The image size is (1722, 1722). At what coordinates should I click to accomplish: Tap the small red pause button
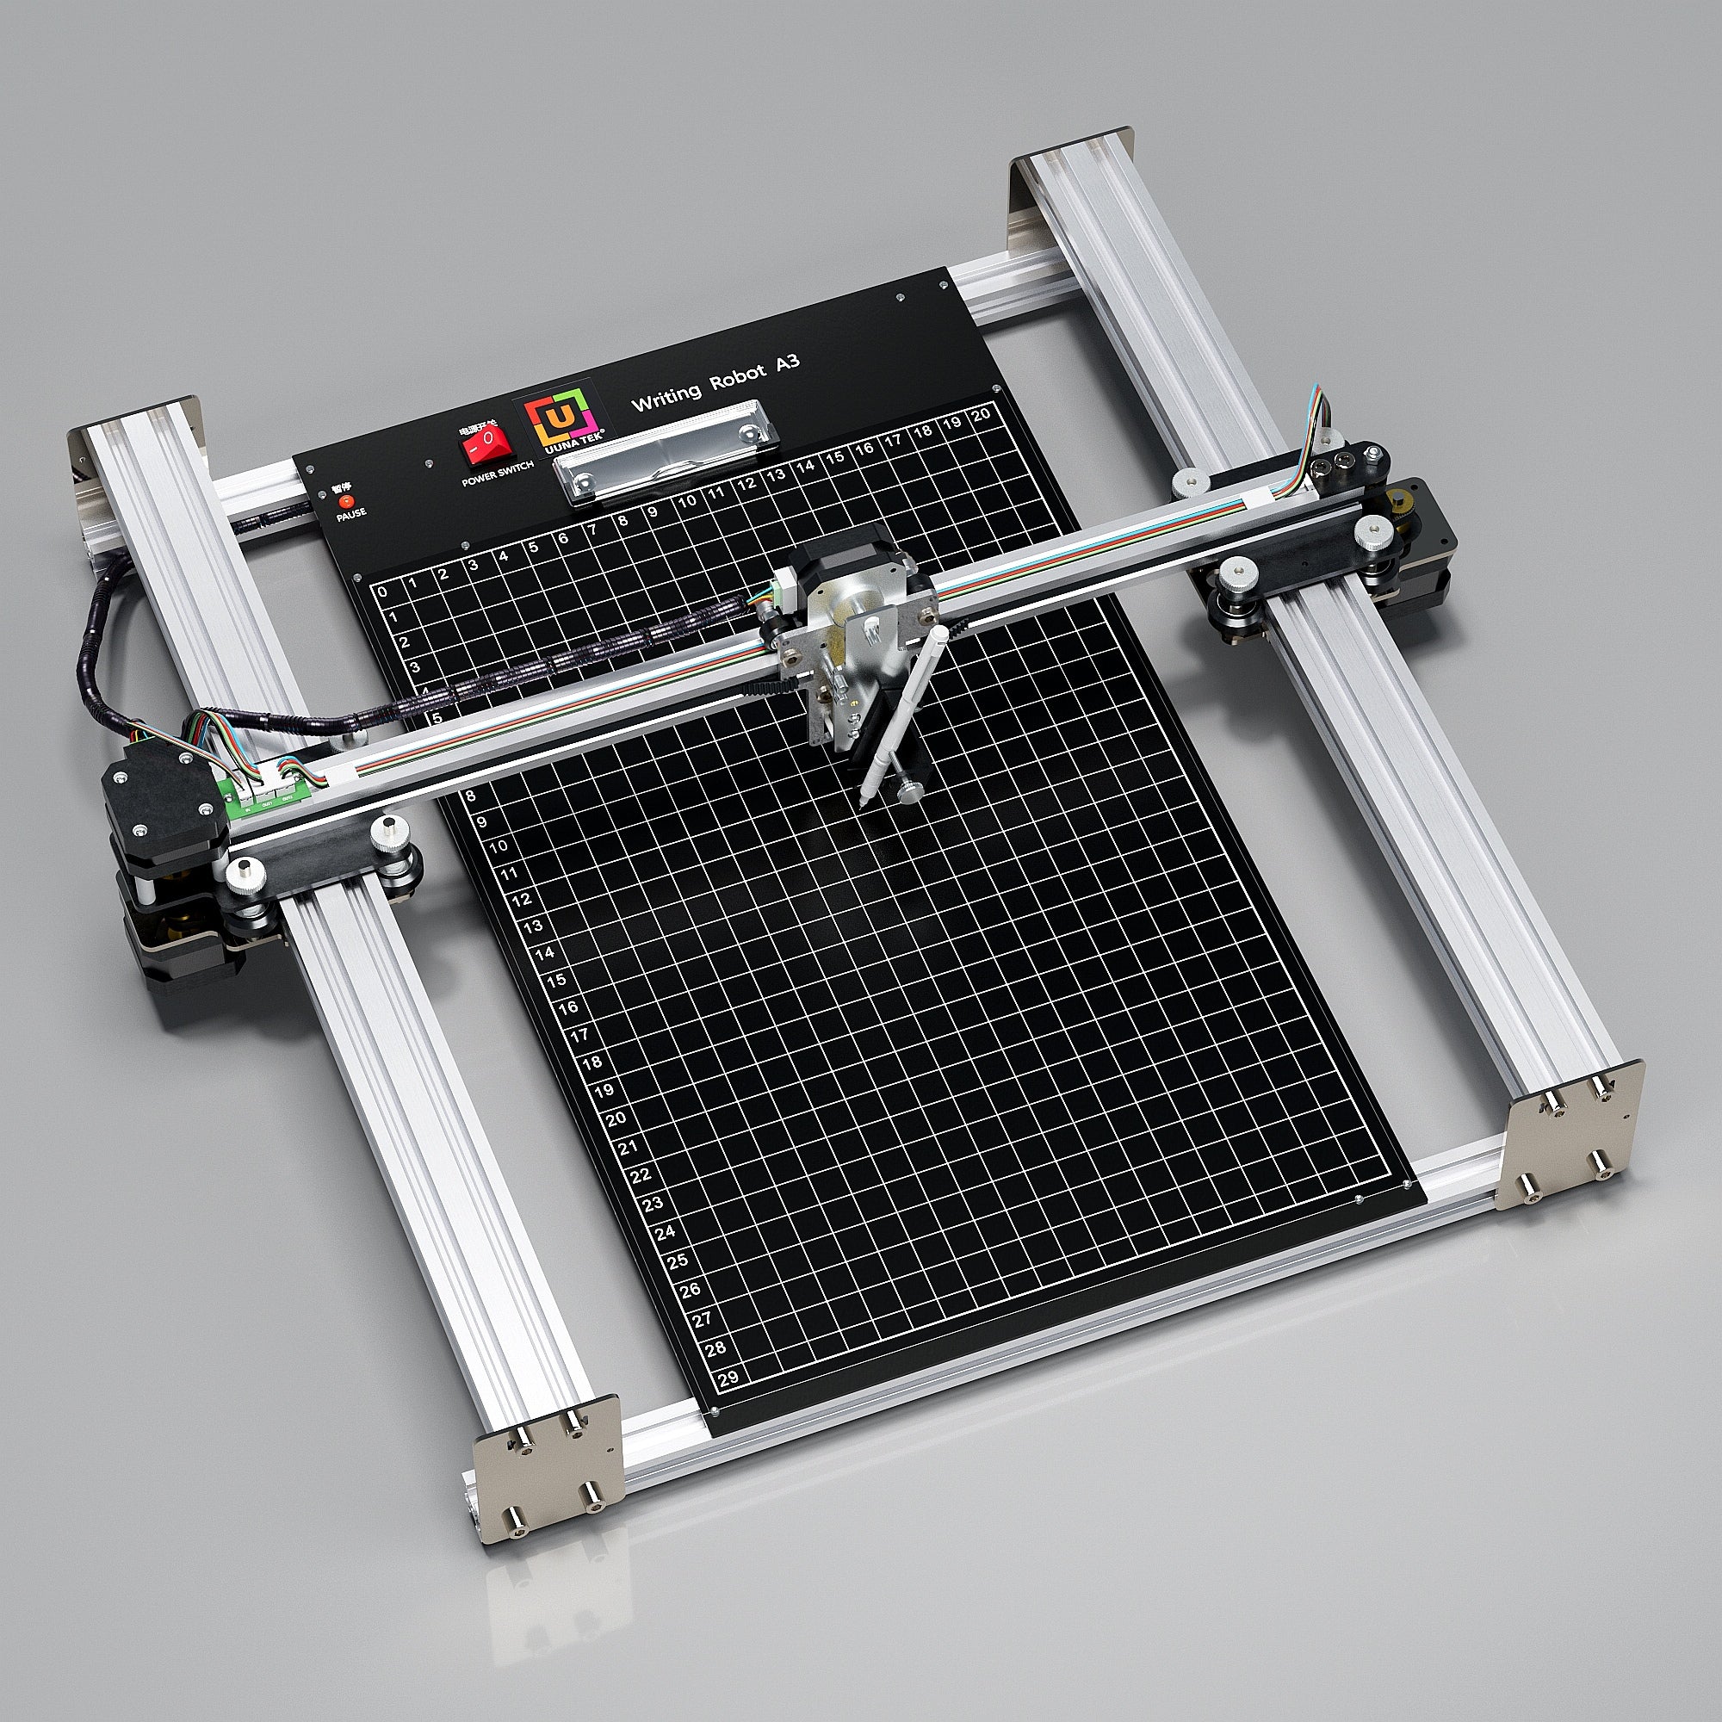347,502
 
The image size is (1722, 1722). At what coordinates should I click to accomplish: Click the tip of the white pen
863,802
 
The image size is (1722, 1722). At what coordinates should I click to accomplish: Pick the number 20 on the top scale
982,414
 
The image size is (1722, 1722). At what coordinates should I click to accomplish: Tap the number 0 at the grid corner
382,592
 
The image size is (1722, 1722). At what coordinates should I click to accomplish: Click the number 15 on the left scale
555,981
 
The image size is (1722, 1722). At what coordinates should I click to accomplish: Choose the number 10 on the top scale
686,501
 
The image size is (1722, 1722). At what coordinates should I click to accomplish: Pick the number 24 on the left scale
665,1233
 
